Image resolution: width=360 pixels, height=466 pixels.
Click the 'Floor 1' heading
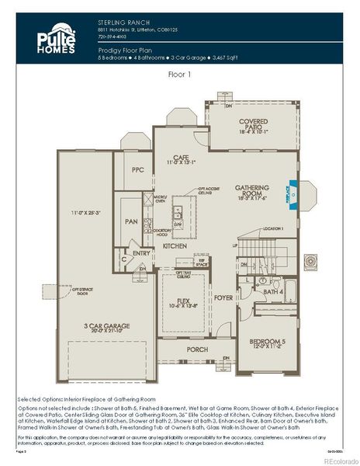point(180,75)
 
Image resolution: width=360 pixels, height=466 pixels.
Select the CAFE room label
point(182,158)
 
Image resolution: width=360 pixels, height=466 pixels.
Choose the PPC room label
point(138,169)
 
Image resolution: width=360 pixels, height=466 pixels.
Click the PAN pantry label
point(131,221)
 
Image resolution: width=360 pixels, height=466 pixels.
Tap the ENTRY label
point(141,253)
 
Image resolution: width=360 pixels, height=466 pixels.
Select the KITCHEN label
point(175,246)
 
